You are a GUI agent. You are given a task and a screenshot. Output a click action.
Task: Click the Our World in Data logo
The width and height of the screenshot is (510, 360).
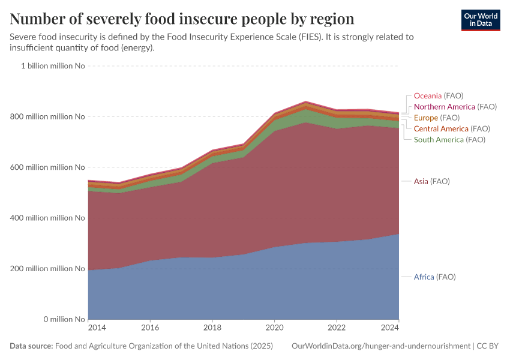click(481, 20)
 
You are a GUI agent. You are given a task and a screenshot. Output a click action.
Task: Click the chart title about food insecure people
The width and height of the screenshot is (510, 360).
click(182, 19)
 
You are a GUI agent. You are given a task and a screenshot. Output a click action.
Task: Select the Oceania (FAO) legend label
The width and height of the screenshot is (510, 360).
click(439, 96)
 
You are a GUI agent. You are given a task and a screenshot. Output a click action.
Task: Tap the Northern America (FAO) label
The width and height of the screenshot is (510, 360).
click(455, 107)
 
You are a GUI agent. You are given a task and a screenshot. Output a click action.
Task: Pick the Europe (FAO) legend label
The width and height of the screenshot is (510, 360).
click(436, 118)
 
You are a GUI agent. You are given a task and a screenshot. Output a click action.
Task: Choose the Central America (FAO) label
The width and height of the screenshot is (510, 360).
click(452, 128)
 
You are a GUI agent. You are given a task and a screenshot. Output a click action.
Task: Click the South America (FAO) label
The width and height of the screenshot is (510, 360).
click(449, 140)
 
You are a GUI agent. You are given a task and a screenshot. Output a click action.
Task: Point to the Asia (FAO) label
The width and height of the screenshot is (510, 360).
click(431, 181)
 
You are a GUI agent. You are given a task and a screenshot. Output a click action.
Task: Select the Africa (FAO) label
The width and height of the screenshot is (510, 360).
click(434, 277)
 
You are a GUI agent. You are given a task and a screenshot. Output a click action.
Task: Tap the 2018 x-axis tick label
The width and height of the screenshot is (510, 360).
click(212, 328)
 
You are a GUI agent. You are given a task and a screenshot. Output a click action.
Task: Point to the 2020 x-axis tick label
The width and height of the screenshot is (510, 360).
click(274, 328)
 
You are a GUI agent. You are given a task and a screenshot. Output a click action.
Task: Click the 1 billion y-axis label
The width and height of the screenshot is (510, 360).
click(53, 66)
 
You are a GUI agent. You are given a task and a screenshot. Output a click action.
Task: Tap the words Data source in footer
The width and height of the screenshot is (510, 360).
click(31, 346)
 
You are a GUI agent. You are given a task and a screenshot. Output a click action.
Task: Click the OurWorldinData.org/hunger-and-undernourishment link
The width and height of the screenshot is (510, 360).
click(380, 346)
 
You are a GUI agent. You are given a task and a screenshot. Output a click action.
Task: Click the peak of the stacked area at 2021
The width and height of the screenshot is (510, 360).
click(305, 102)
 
